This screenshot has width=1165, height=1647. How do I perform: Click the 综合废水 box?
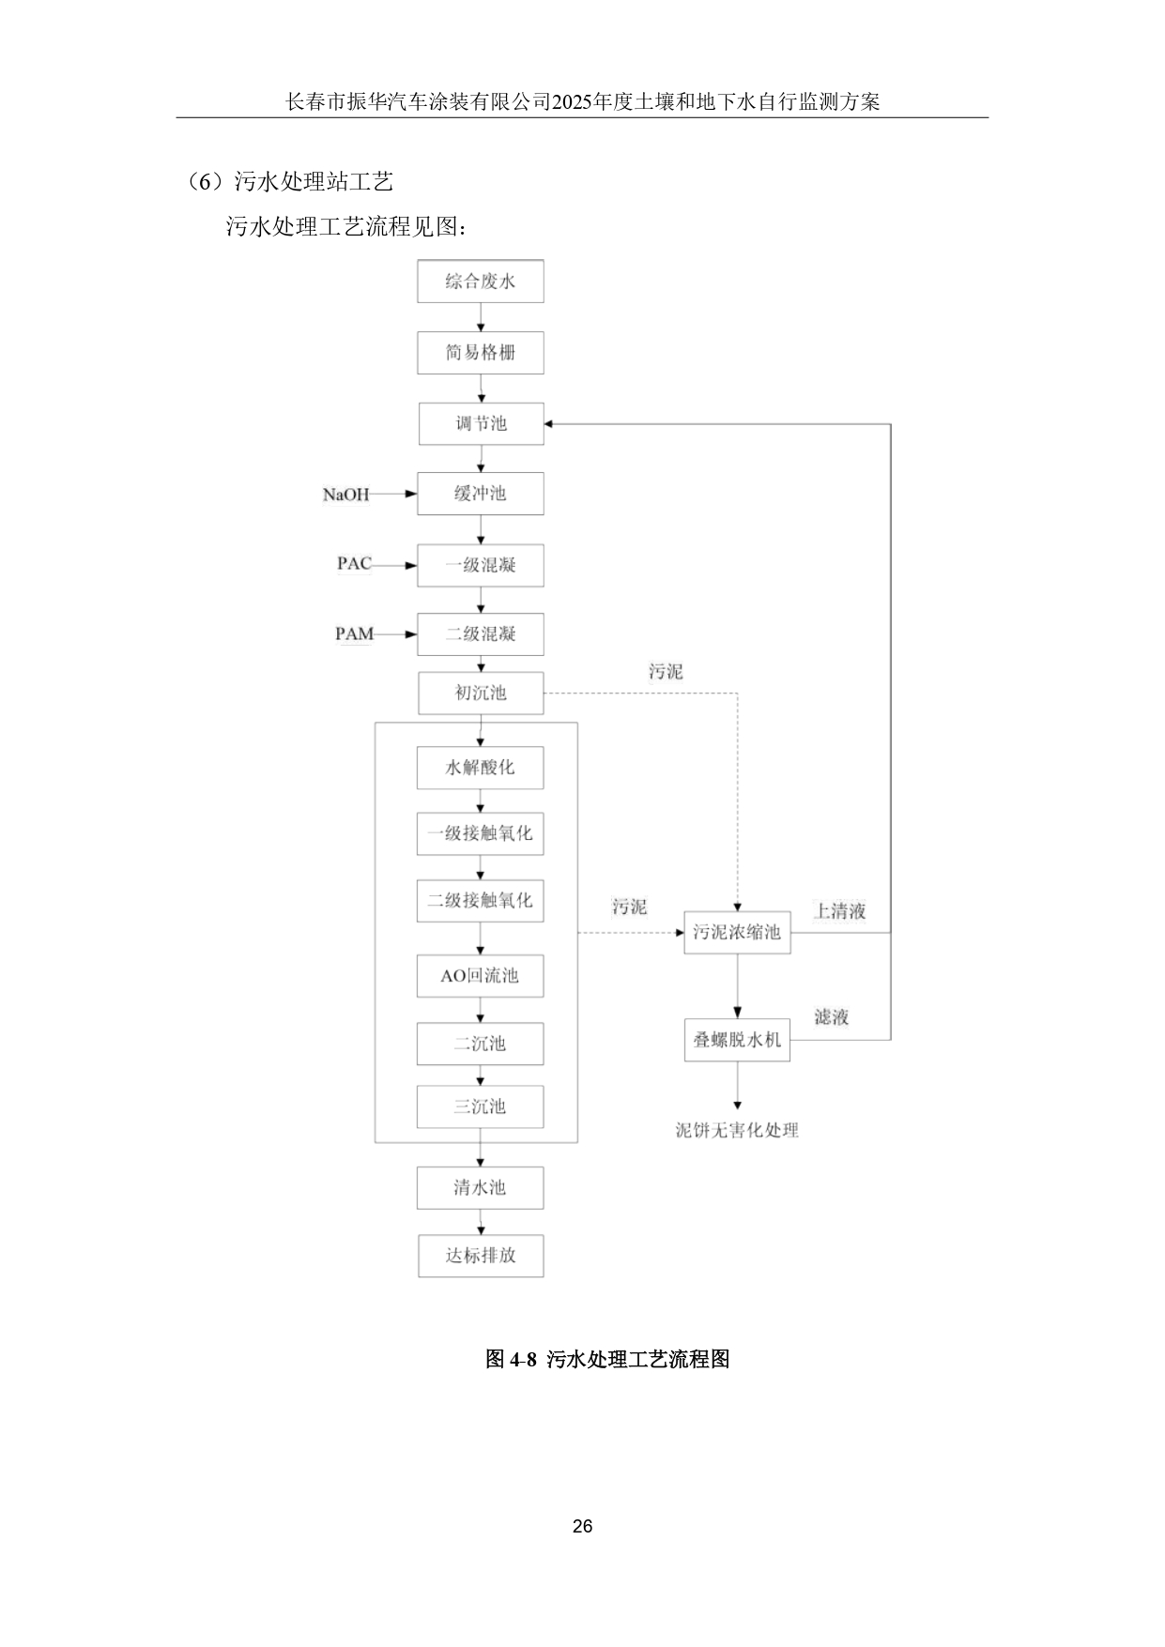pyautogui.click(x=480, y=282)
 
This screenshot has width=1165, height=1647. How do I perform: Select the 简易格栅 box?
pyautogui.click(x=480, y=353)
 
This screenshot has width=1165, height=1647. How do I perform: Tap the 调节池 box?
pyautogui.click(x=480, y=423)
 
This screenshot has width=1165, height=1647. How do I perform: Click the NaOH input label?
pyautogui.click(x=345, y=494)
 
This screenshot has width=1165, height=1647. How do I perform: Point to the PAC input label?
pyautogui.click(x=354, y=564)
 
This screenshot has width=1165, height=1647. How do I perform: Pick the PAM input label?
pyautogui.click(x=354, y=634)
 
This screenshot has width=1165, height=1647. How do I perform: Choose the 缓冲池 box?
pyautogui.click(x=480, y=494)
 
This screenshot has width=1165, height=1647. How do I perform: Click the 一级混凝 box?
pyautogui.click(x=480, y=565)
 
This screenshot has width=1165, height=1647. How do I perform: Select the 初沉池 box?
pyautogui.click(x=480, y=694)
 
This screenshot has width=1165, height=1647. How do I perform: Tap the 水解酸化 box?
pyautogui.click(x=480, y=768)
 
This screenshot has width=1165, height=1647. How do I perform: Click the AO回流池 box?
pyautogui.click(x=480, y=976)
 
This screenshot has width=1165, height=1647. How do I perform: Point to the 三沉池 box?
pyautogui.click(x=480, y=1106)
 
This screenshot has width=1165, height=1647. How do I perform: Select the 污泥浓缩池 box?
pyautogui.click(x=737, y=933)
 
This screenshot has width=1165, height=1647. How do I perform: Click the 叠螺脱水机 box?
pyautogui.click(x=737, y=1040)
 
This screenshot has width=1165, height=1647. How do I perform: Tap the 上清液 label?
pyautogui.click(x=839, y=911)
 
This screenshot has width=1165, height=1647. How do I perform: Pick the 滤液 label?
pyautogui.click(x=832, y=1017)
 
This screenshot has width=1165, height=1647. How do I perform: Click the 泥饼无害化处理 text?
pyautogui.click(x=737, y=1131)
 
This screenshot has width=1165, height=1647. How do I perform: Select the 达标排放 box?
pyautogui.click(x=480, y=1256)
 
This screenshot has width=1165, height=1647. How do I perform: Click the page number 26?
pyautogui.click(x=582, y=1527)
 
